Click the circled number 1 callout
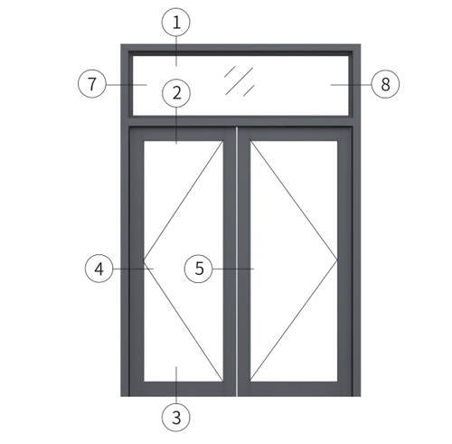coord(176,23)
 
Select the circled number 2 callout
coord(176,93)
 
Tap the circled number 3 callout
coord(176,418)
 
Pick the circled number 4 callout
coord(99,269)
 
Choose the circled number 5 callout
coord(198,269)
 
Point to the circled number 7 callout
coord(92,83)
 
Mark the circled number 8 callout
coord(385,84)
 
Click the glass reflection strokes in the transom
coord(240,81)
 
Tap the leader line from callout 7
coord(127,85)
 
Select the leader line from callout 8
coord(351,85)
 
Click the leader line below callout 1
coord(176,52)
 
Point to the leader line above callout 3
coord(176,385)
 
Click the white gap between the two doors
coord(237,261)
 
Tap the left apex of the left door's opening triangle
coord(143,260)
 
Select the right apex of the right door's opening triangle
coord(337,260)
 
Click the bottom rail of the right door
coord(294,389)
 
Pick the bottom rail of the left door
coord(183,389)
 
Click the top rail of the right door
coord(295,134)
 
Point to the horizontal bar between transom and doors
coord(240,121)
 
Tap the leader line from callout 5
coord(233,269)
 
